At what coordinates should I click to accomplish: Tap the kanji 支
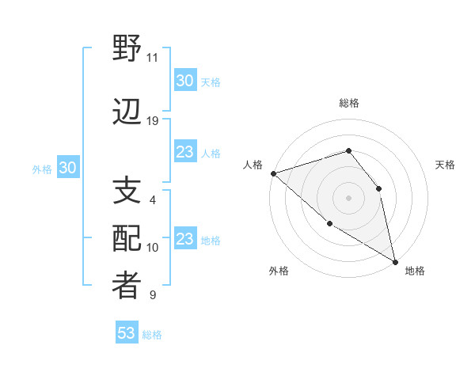[x=127, y=191]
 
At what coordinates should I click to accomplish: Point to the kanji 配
[x=127, y=239]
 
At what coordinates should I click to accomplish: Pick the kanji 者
[x=127, y=286]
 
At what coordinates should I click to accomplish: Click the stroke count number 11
[x=152, y=58]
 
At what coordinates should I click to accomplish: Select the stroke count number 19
[x=153, y=121]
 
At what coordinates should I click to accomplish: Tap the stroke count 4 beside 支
[x=152, y=200]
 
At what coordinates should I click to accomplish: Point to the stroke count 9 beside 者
[x=152, y=295]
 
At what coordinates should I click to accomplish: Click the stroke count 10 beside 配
[x=153, y=248]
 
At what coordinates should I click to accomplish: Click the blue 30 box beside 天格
[x=184, y=81]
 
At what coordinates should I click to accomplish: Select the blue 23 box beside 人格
[x=184, y=152]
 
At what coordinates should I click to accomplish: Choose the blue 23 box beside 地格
[x=184, y=239]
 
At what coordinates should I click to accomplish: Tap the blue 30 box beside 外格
[x=67, y=168]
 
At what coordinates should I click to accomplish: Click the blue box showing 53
[x=127, y=333]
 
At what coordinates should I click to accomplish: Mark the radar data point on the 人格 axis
[x=273, y=173]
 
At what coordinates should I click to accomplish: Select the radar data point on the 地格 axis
[x=395, y=261]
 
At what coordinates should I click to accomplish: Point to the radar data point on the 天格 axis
[x=378, y=188]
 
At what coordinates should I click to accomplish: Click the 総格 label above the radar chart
[x=349, y=103]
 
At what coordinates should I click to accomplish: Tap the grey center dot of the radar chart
[x=348, y=197]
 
